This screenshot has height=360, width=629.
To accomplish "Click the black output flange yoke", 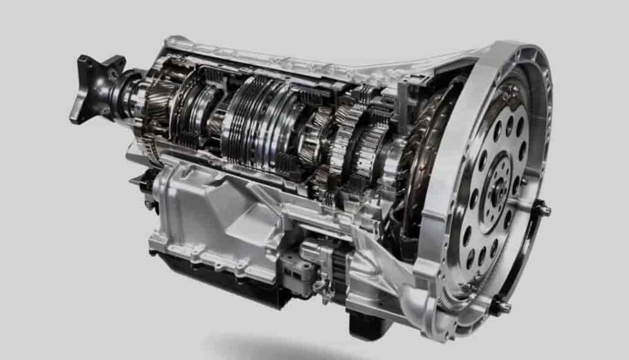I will [x=92, y=86].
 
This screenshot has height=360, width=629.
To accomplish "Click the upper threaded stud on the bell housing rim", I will [x=543, y=209].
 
